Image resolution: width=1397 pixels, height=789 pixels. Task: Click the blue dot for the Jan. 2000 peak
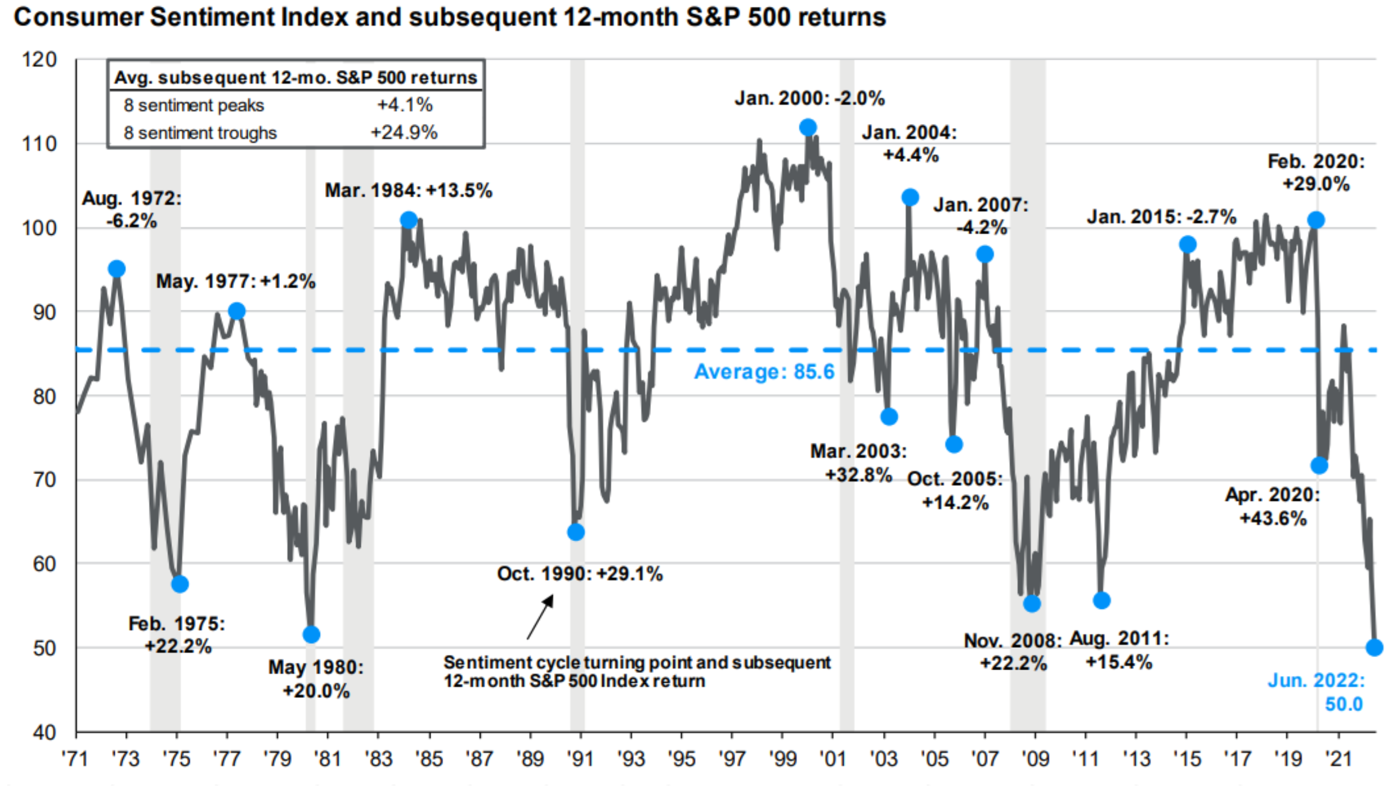pyautogui.click(x=807, y=127)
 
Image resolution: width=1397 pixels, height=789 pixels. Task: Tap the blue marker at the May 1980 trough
pyautogui.click(x=311, y=635)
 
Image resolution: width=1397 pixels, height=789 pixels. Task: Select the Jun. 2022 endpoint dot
pyautogui.click(x=1374, y=647)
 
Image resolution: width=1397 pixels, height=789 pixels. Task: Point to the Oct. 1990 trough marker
pyautogui.click(x=576, y=533)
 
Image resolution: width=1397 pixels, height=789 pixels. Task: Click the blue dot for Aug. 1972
pyautogui.click(x=116, y=269)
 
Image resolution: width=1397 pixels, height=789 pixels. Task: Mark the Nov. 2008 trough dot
pyautogui.click(x=1032, y=604)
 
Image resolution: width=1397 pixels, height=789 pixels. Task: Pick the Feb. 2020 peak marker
pyautogui.click(x=1316, y=220)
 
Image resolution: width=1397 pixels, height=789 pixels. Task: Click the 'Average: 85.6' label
pyautogui.click(x=764, y=372)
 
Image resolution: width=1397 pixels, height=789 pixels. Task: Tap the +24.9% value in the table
pyautogui.click(x=404, y=133)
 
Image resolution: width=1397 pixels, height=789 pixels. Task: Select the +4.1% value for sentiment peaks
pyautogui.click(x=404, y=105)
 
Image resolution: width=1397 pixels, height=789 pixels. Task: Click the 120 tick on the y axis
pyautogui.click(x=39, y=60)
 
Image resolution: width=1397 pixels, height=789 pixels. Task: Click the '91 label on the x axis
pyautogui.click(x=580, y=759)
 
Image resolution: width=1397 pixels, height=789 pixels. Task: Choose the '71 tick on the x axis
pyautogui.click(x=75, y=759)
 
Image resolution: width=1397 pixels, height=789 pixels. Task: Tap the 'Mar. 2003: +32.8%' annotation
pyautogui.click(x=858, y=463)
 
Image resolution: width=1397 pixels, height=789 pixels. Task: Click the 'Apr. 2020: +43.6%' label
pyautogui.click(x=1273, y=507)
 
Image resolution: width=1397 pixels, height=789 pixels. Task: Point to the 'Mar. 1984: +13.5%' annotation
pyautogui.click(x=408, y=191)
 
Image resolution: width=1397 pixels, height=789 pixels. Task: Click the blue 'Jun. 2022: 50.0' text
pyautogui.click(x=1316, y=692)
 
